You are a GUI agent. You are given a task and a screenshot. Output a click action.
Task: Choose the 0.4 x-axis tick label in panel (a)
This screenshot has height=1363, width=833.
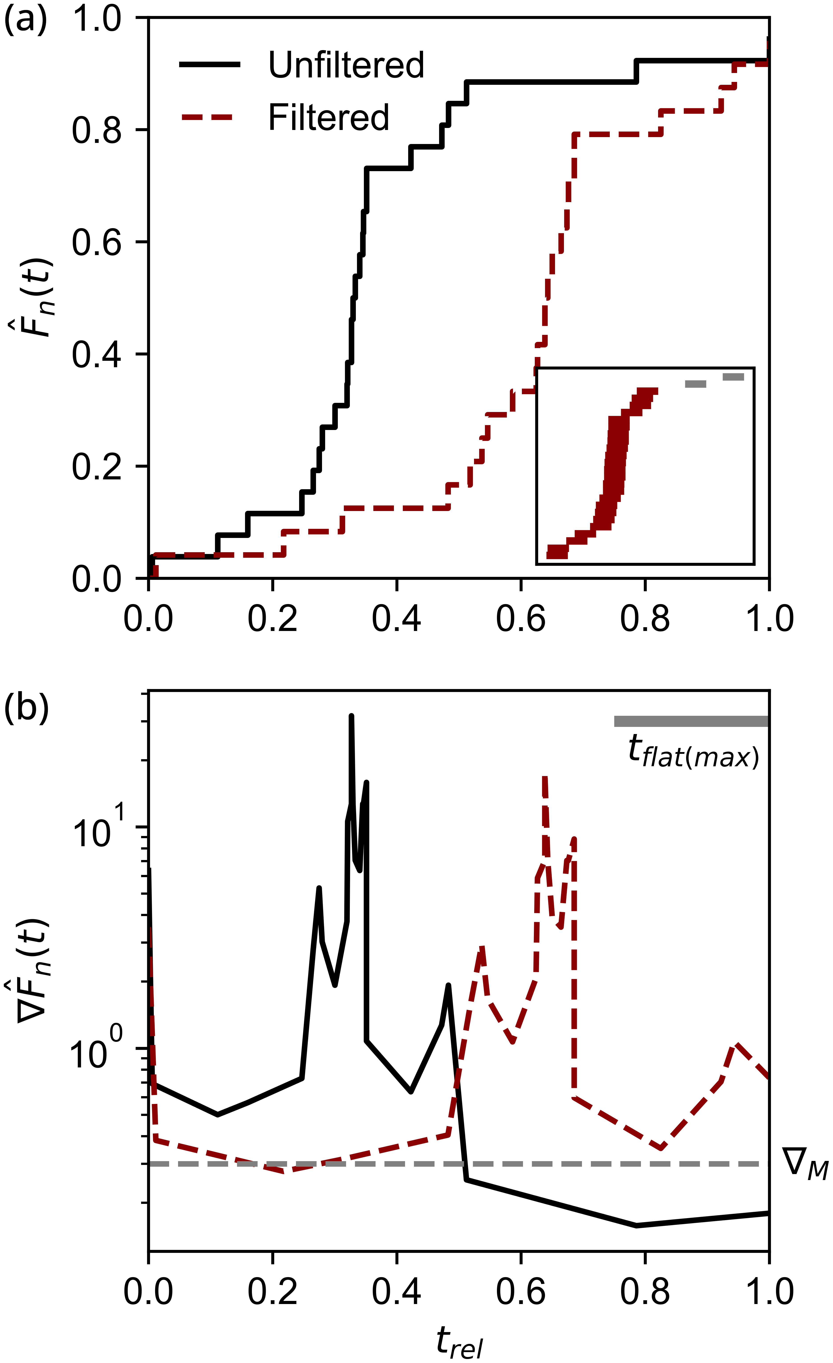tap(396, 619)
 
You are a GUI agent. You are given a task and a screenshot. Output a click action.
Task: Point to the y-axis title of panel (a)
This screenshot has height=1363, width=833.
tap(34, 299)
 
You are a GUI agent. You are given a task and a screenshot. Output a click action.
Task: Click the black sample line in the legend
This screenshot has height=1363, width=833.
tap(210, 65)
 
